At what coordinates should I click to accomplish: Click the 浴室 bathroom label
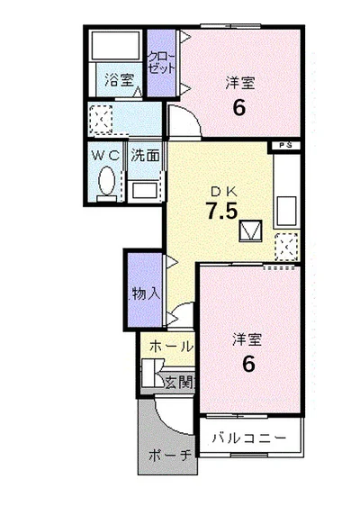coord(120,80)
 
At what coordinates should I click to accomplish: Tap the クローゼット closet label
coord(161,63)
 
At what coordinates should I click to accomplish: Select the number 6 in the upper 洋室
coord(238,107)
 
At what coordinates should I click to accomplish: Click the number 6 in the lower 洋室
coord(248,364)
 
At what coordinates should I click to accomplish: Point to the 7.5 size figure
coord(221,211)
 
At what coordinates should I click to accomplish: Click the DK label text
coord(223,191)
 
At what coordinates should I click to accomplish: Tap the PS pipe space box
coord(285,146)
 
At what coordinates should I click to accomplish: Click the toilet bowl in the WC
coord(107,181)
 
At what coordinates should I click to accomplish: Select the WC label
coord(105,156)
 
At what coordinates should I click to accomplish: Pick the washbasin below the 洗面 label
coord(144,191)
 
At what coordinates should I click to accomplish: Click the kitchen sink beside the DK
coord(287,210)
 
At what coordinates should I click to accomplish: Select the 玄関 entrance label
coord(179,383)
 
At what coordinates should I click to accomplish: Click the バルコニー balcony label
coord(248,438)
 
